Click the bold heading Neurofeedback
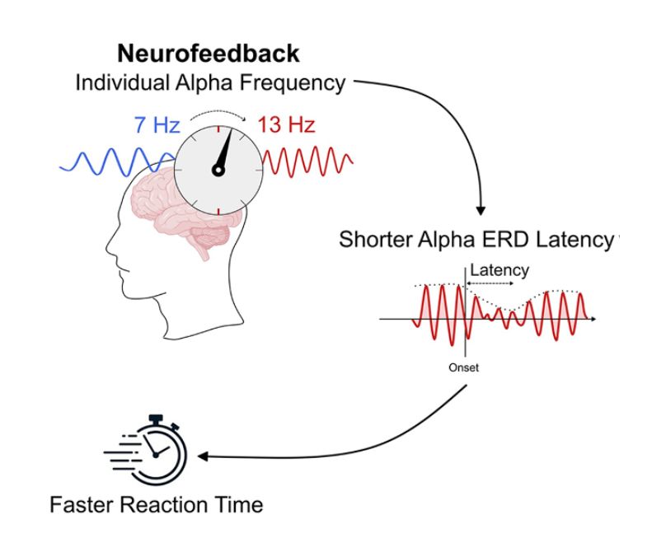click(209, 54)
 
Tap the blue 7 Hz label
click(157, 124)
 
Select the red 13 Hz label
click(287, 124)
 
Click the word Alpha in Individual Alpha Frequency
click(204, 82)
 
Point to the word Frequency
click(293, 83)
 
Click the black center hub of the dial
click(218, 170)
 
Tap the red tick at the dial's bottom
click(218, 210)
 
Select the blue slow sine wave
click(117, 161)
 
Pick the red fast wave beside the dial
click(308, 160)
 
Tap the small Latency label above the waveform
click(500, 270)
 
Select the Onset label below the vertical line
click(463, 367)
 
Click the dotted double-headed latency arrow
click(490, 283)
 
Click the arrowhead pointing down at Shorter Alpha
click(481, 210)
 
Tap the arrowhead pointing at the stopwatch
click(203, 456)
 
